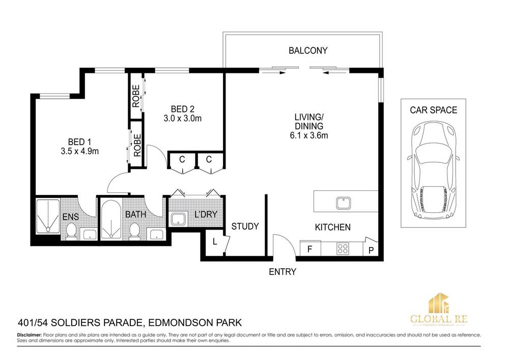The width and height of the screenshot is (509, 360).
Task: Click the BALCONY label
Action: coord(308,50)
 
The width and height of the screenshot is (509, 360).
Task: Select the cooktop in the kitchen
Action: coord(343,248)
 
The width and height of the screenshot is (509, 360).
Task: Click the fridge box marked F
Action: coord(310,248)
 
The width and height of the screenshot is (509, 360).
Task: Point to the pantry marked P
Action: coord(371,248)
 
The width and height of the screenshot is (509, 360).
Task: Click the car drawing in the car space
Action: coord(434,170)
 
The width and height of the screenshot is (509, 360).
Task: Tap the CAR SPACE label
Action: coord(433,110)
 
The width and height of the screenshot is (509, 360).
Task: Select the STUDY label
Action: coord(245,226)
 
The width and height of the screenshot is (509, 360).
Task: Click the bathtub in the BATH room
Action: coord(111,219)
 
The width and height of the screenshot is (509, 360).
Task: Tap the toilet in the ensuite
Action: coord(71,232)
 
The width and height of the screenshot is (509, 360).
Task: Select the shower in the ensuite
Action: coord(48,216)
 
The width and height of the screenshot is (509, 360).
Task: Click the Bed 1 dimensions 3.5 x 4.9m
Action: coord(79,151)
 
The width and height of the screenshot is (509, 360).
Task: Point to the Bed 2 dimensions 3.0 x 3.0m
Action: coord(182,119)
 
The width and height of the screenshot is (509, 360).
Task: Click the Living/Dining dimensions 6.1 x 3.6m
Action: coord(309,135)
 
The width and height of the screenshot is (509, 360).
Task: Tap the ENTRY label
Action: coord(282,272)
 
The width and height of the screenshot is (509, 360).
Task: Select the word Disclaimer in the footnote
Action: coord(29,335)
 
